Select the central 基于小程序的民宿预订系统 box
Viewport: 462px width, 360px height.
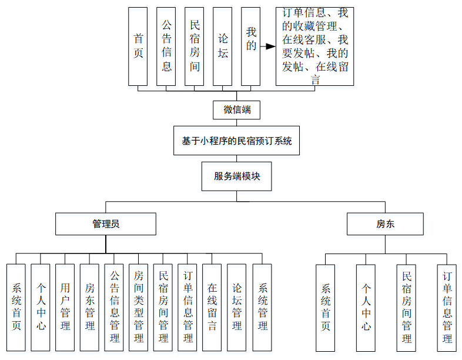(x=236, y=141)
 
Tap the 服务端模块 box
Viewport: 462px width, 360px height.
(x=237, y=176)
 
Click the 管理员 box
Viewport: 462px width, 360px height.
(x=106, y=224)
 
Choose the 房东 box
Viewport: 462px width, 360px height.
(x=385, y=224)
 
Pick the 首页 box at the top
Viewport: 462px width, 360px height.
(x=138, y=46)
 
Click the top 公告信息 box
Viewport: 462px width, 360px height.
(x=166, y=46)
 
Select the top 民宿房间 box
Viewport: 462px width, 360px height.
(x=195, y=46)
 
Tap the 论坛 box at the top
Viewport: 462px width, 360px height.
(x=222, y=46)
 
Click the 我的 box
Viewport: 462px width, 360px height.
(x=250, y=46)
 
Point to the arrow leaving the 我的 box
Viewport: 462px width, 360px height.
(x=268, y=46)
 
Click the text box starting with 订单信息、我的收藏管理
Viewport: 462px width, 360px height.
(x=314, y=46)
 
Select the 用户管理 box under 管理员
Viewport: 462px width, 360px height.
(x=65, y=307)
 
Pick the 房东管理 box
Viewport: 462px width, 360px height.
(x=89, y=307)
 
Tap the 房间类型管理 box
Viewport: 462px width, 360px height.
(x=139, y=307)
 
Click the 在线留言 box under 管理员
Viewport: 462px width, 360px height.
(x=212, y=307)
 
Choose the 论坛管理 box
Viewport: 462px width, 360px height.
(x=237, y=307)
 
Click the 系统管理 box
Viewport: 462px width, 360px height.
(x=262, y=307)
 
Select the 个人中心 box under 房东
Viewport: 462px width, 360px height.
(x=366, y=307)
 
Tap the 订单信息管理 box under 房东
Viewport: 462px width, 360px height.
(x=447, y=307)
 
